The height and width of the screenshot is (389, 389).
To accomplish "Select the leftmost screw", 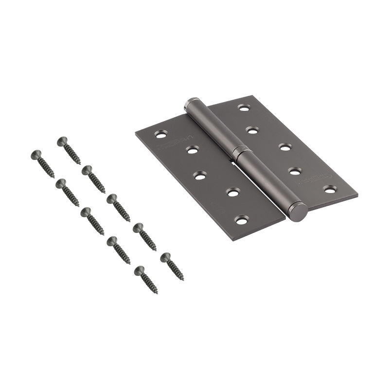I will coord(42,163).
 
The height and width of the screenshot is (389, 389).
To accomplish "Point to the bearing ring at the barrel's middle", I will coord(240,151).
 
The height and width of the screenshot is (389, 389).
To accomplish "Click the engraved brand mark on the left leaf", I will coord(170,140).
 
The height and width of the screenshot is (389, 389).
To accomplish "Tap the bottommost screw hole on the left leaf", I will coord(242,219).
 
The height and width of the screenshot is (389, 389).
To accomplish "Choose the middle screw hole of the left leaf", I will coord(200,176).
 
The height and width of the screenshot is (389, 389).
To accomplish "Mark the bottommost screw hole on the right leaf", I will coord(330,189).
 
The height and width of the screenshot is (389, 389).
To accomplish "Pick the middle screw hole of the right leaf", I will coord(284,146).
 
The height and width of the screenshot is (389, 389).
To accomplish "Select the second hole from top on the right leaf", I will coord(252,130).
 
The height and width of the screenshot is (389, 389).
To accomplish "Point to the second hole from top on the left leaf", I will coord(193,150).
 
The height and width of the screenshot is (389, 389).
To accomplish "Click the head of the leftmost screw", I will coord(35,155).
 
